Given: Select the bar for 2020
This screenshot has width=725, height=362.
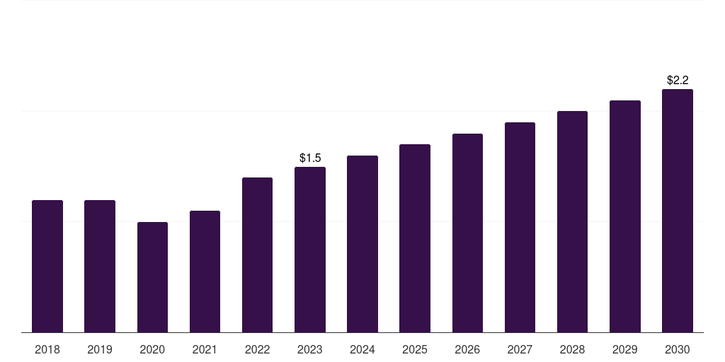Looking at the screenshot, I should click(152, 277).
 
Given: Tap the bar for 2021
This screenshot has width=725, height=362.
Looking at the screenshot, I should click(205, 271).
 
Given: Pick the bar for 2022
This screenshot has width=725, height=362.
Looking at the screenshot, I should click(257, 255).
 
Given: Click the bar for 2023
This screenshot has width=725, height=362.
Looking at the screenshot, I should click(310, 250).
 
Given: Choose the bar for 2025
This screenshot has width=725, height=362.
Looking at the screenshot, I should click(415, 238).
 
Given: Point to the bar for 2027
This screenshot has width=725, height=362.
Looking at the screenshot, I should click(520, 227).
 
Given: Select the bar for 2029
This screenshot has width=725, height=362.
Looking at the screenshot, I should click(625, 216).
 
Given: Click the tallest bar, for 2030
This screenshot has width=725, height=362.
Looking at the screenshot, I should click(678, 211).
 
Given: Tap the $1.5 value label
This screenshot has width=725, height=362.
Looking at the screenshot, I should click(310, 158).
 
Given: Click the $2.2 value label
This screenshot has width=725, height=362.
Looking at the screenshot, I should click(678, 80).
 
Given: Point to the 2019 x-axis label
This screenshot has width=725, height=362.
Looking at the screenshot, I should click(100, 349).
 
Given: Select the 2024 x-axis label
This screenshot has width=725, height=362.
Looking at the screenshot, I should click(362, 349).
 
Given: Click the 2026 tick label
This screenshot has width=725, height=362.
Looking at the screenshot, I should click(467, 349).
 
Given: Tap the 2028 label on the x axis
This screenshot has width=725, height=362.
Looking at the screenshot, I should click(572, 349).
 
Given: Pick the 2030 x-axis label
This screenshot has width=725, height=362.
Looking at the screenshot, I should click(678, 349).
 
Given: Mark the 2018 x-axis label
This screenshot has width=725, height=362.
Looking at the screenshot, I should click(47, 349).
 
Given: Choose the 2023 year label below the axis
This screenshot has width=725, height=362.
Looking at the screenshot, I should click(310, 349).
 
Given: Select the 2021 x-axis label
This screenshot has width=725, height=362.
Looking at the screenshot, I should click(205, 349).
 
